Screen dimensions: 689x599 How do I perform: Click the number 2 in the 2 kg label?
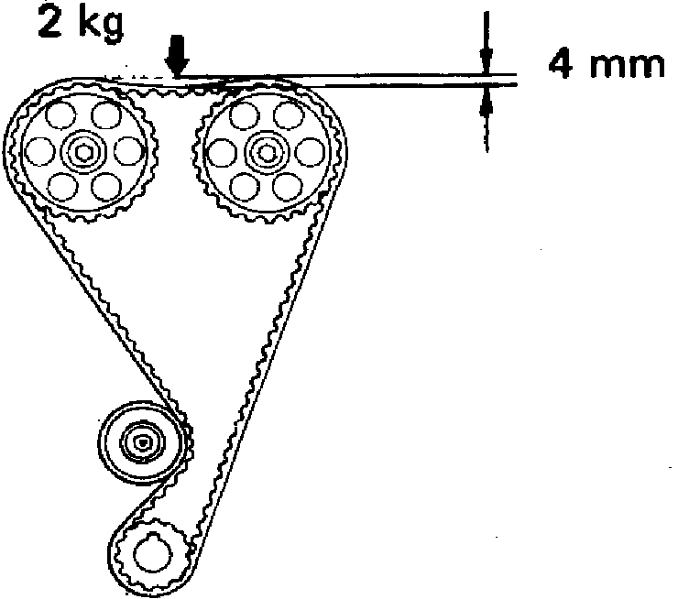tap(51, 24)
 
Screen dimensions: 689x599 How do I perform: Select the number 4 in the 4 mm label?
tap(563, 64)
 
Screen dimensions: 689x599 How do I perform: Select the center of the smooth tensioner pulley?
tap(142, 443)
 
